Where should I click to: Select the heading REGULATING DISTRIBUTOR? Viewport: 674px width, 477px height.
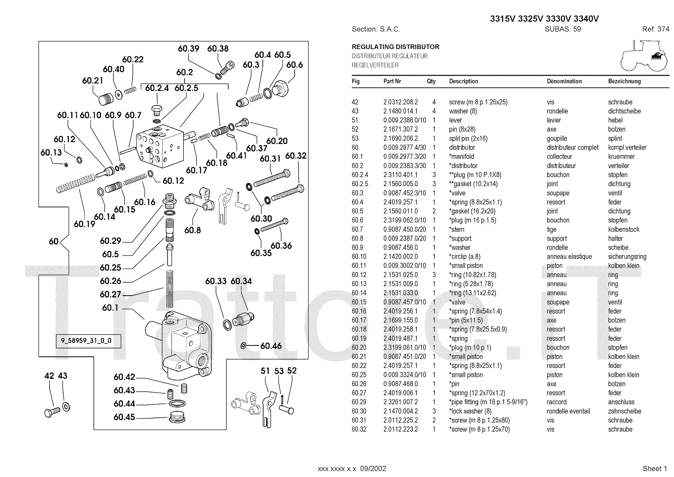(x=396, y=47)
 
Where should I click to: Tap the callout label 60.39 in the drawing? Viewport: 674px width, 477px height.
(x=188, y=49)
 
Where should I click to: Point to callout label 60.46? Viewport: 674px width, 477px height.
(x=271, y=346)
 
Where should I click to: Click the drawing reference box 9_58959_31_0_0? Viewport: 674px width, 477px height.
(x=84, y=341)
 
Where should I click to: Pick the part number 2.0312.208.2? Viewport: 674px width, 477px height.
(x=400, y=102)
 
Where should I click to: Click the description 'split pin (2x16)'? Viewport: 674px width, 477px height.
(x=468, y=138)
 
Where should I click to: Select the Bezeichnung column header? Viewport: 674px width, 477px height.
(x=624, y=81)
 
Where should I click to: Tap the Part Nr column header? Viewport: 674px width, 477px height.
(x=392, y=81)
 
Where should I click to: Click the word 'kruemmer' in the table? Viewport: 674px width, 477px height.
(x=621, y=156)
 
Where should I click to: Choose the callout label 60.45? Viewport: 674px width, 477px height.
(x=124, y=417)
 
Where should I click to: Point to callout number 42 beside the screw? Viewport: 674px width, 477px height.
(x=49, y=376)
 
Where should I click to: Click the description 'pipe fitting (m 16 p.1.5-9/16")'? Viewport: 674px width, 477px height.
(x=488, y=402)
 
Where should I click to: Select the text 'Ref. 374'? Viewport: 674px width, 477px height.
(x=655, y=29)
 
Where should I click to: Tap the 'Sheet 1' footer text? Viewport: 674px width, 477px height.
(x=655, y=469)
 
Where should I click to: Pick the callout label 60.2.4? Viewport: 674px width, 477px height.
(x=157, y=88)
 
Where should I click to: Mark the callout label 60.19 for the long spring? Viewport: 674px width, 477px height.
(x=85, y=224)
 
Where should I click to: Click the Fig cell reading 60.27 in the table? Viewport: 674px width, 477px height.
(x=359, y=393)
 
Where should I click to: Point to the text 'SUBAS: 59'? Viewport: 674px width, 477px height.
(x=563, y=29)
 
